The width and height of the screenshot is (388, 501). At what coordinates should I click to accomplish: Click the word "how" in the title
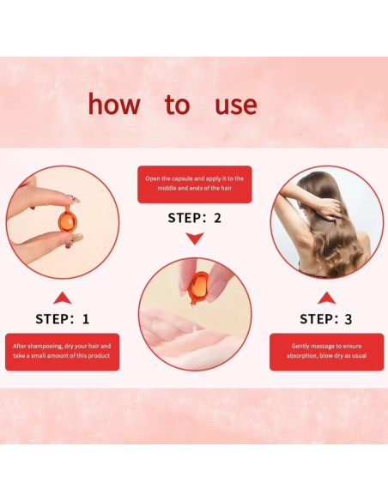[x=114, y=104]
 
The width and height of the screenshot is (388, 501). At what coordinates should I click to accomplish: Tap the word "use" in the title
[x=236, y=106]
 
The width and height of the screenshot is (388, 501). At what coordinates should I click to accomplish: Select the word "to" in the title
[x=178, y=105]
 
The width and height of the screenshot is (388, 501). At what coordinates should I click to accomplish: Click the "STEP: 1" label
[x=63, y=319]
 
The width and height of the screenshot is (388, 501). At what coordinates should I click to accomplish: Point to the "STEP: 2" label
[x=195, y=218]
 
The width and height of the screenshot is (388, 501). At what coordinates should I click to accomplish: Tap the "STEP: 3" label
[x=326, y=319]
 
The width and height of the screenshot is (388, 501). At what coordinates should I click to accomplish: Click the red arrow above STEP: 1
[x=63, y=299]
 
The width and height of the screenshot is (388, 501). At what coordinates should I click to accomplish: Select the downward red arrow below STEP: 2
[x=195, y=238]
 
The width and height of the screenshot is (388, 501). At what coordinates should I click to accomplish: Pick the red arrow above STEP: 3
[x=327, y=299]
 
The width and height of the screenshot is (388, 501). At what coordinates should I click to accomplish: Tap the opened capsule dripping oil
[x=198, y=287]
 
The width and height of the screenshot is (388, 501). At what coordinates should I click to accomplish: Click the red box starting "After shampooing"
[x=63, y=352]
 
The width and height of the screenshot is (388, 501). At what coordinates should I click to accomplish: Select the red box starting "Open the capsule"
[x=195, y=184]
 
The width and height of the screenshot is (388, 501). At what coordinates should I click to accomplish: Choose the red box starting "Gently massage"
[x=327, y=352]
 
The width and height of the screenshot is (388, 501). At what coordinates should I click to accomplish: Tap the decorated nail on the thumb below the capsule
[x=76, y=238]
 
